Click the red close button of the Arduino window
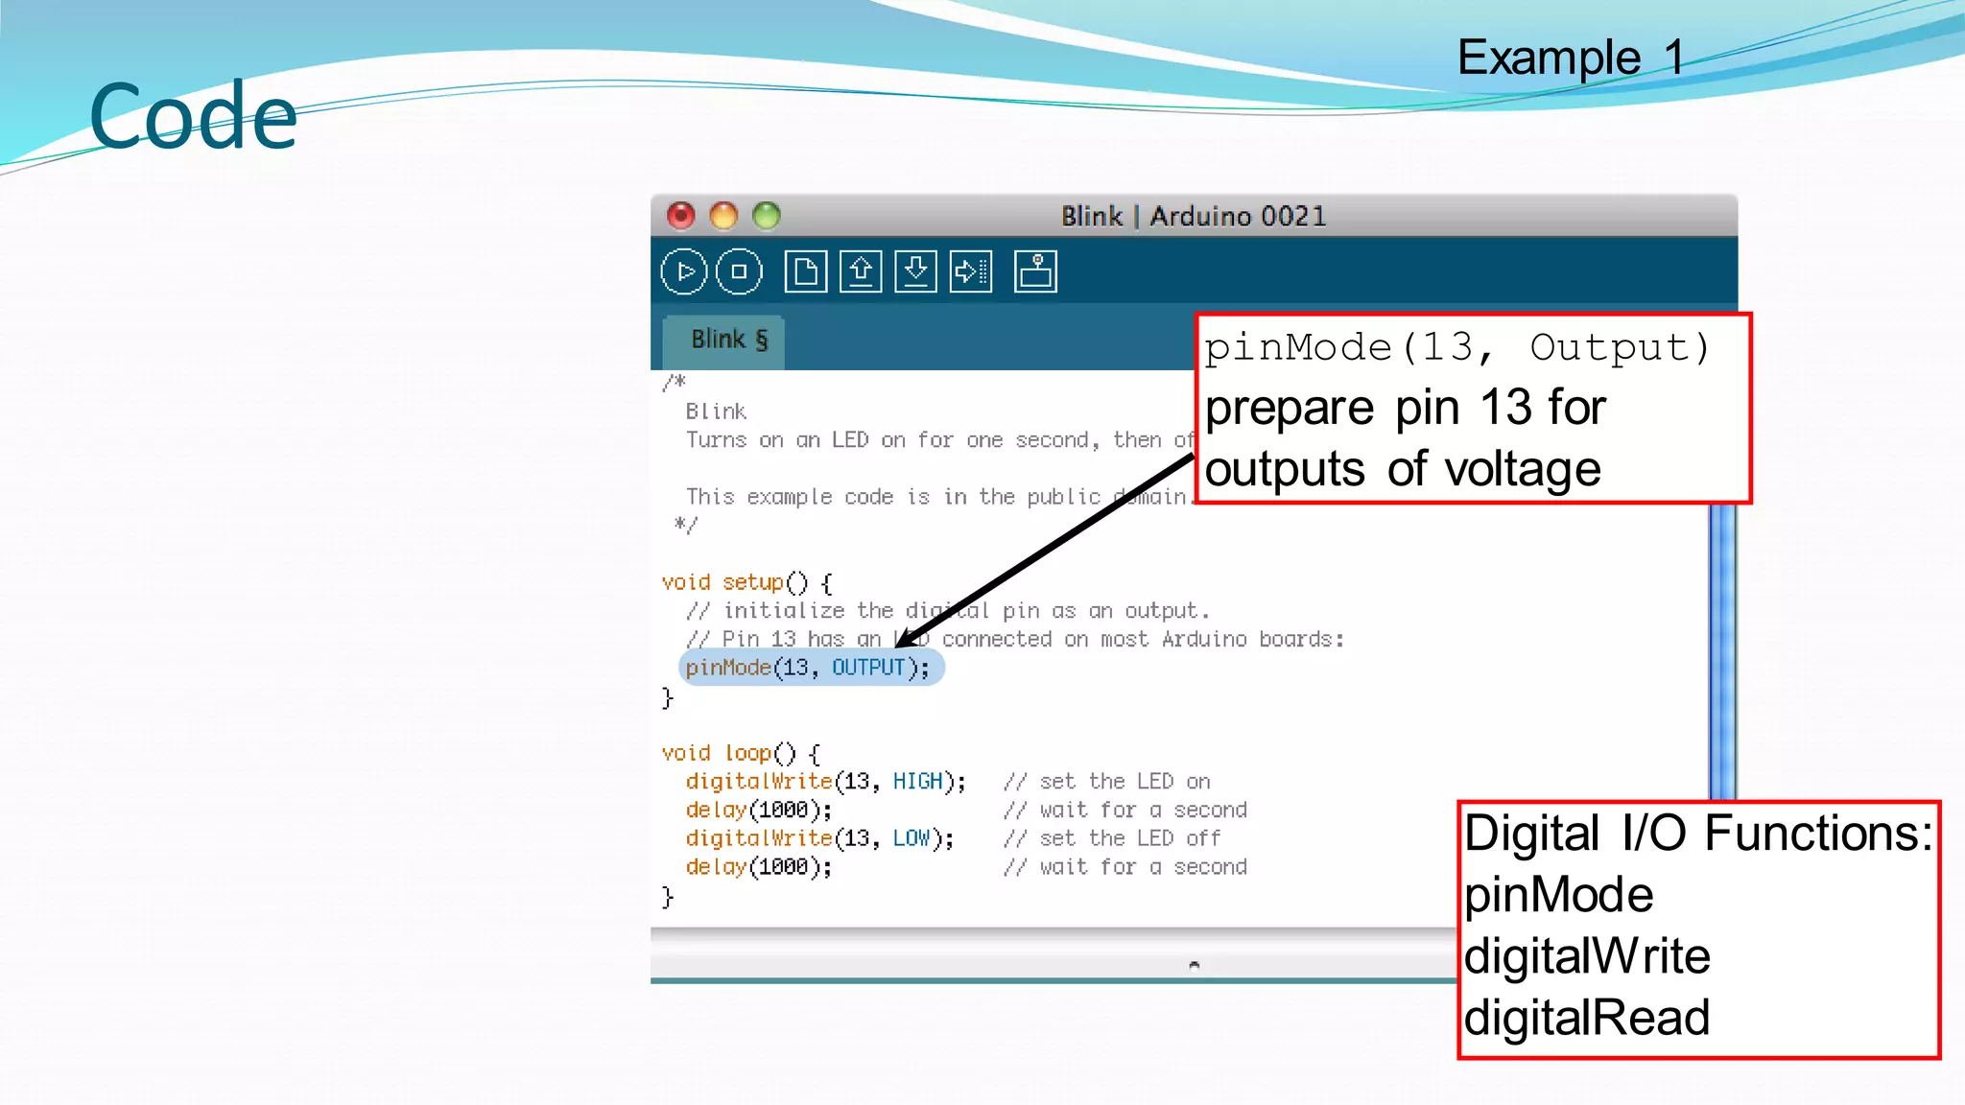click(681, 216)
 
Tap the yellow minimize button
click(723, 216)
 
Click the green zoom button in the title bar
click(767, 216)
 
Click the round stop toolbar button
click(739, 271)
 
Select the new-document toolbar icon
click(806, 271)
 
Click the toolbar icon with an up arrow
click(861, 271)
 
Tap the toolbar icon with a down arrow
click(915, 271)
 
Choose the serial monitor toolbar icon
click(1035, 271)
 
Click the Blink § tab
click(727, 341)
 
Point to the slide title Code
click(193, 117)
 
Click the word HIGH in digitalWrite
click(917, 782)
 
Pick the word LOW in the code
click(911, 838)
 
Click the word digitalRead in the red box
click(1586, 1018)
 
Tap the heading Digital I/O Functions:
click(1697, 833)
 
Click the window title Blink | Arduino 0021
click(1194, 216)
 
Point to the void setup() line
click(746, 582)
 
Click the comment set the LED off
click(1129, 838)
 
